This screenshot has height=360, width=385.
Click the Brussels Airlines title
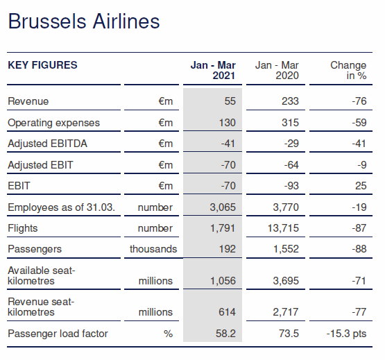84,22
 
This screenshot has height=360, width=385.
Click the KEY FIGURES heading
42,65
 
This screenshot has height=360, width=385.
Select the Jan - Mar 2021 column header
213,70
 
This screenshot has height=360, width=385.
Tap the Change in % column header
348,70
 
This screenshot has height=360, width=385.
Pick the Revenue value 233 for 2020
290,101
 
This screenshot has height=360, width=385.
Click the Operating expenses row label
54,123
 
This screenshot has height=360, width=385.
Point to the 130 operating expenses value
227,123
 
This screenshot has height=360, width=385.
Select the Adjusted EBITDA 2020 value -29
291,144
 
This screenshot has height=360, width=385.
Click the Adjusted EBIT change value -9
362,165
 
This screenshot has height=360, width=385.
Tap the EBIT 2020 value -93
291,186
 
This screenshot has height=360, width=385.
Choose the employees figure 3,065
223,207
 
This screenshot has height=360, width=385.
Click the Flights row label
23,228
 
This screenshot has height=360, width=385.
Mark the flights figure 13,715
283,228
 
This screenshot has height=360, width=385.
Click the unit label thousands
153,249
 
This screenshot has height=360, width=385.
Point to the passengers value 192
227,249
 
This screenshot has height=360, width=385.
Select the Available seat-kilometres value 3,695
286,281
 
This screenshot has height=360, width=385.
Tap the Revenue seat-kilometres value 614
227,312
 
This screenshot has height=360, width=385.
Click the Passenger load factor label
58,334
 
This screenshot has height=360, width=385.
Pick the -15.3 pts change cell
346,334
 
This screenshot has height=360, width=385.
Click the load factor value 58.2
225,334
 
